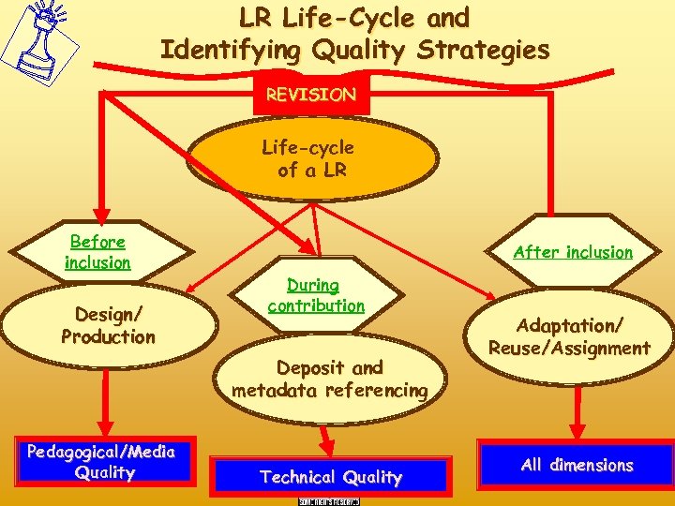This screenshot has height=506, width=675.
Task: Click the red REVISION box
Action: (x=311, y=95)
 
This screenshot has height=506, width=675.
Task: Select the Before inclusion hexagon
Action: (x=97, y=252)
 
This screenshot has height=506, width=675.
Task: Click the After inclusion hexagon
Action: (x=572, y=252)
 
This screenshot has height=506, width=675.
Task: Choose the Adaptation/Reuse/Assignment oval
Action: (x=569, y=336)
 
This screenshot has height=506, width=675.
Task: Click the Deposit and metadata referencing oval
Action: (x=329, y=379)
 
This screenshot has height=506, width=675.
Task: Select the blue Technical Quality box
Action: (x=330, y=477)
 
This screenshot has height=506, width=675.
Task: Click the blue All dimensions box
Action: (x=577, y=465)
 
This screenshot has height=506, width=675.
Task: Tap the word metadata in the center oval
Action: (x=277, y=390)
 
